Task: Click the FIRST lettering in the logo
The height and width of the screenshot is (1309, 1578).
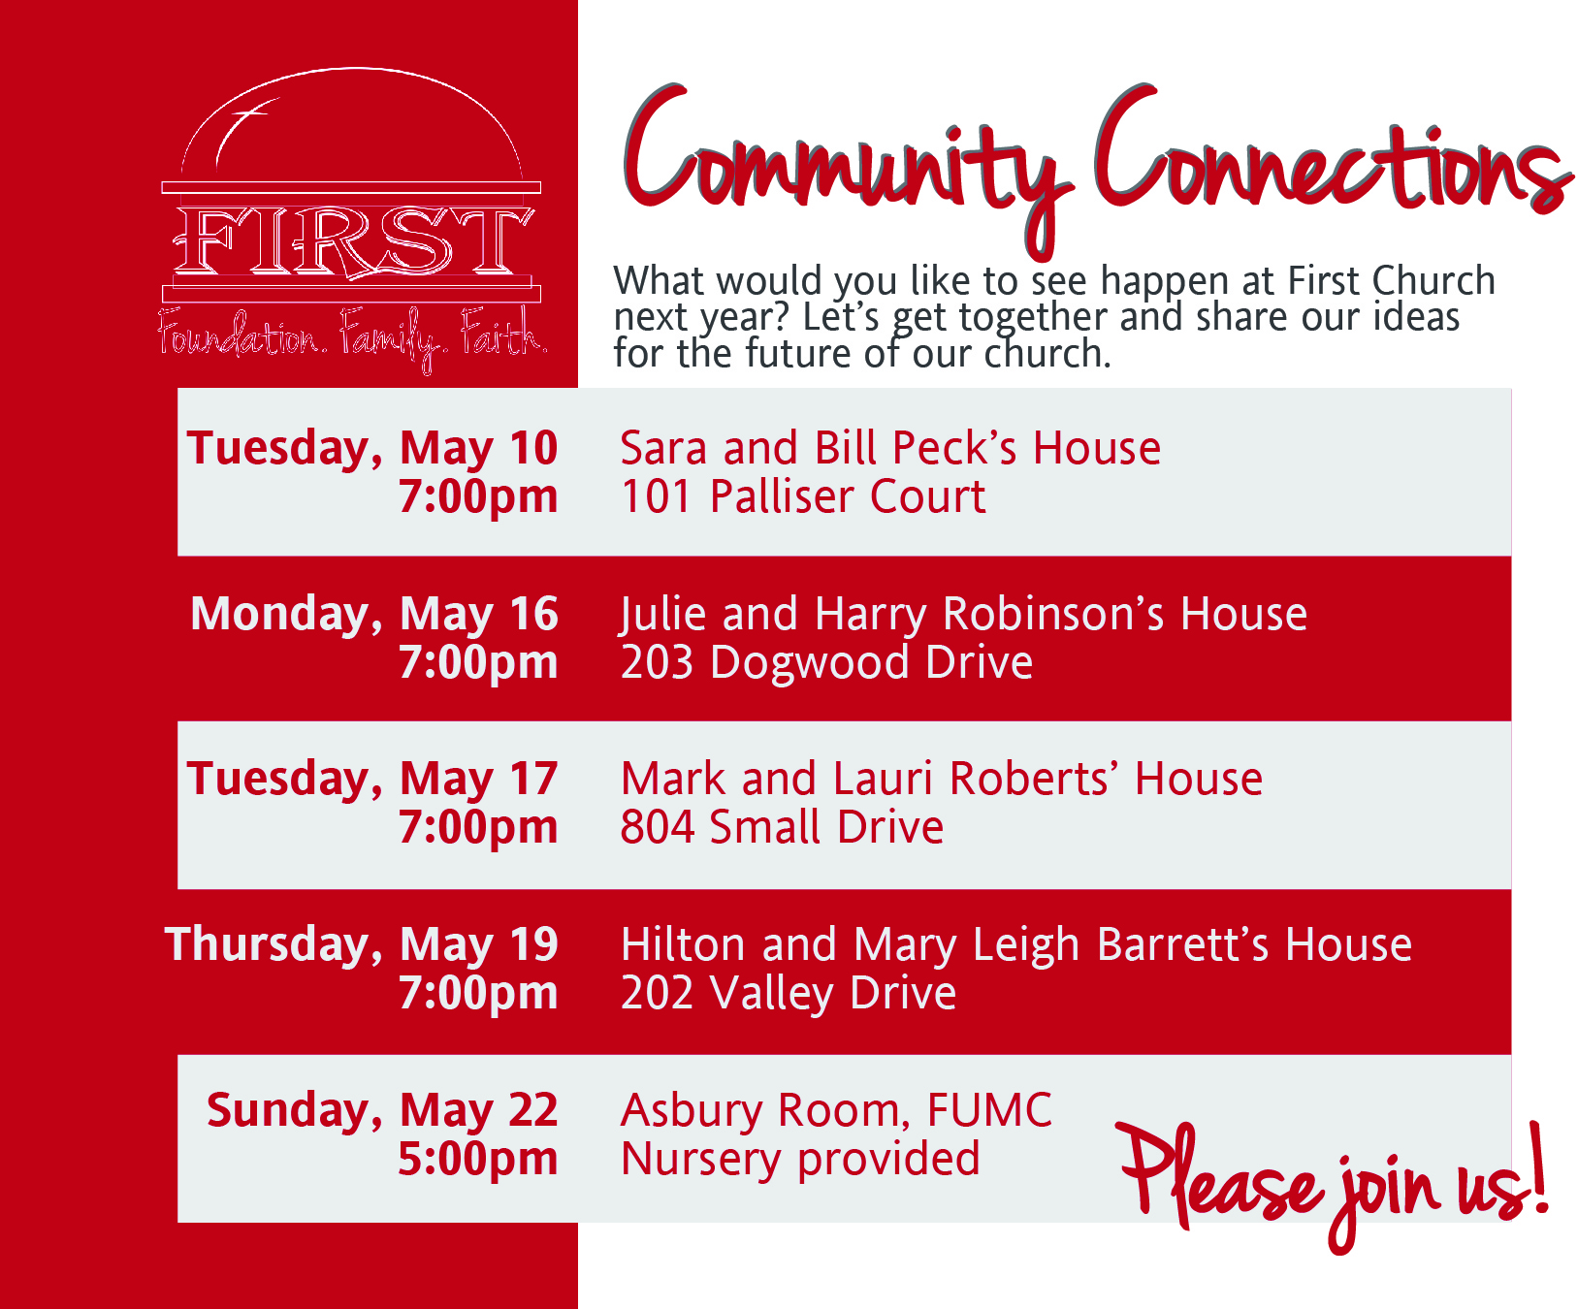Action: pos(352,239)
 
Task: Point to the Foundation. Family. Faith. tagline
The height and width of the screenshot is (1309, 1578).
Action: pos(353,338)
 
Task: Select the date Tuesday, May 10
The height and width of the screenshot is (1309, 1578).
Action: pos(372,448)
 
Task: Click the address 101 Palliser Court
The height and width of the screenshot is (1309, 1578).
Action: pos(803,496)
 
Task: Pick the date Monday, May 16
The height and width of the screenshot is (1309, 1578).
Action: pos(374,614)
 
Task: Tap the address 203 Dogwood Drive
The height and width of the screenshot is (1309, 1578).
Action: pos(826,662)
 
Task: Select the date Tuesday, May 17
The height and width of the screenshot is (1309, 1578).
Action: pos(372,779)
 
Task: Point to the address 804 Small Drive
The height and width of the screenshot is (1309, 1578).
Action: pos(782,827)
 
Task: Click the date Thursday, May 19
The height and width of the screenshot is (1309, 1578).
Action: pos(362,944)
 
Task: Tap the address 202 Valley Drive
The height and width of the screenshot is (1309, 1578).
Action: pos(789,993)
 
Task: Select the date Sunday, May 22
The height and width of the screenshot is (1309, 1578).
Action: pos(382,1110)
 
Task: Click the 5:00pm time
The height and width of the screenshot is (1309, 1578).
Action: pos(478,1159)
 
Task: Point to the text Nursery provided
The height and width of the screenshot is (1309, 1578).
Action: pos(800,1159)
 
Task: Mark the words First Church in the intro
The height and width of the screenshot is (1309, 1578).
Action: pos(1391,281)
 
